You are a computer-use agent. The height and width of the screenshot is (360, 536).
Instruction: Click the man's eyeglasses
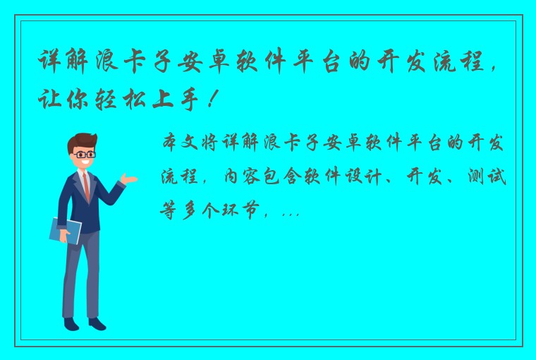point(85,154)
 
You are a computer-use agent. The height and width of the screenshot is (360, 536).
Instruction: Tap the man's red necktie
point(87,186)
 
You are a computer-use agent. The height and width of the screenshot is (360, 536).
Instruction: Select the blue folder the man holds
point(65,230)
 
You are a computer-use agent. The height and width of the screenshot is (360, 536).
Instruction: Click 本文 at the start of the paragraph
point(181,143)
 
